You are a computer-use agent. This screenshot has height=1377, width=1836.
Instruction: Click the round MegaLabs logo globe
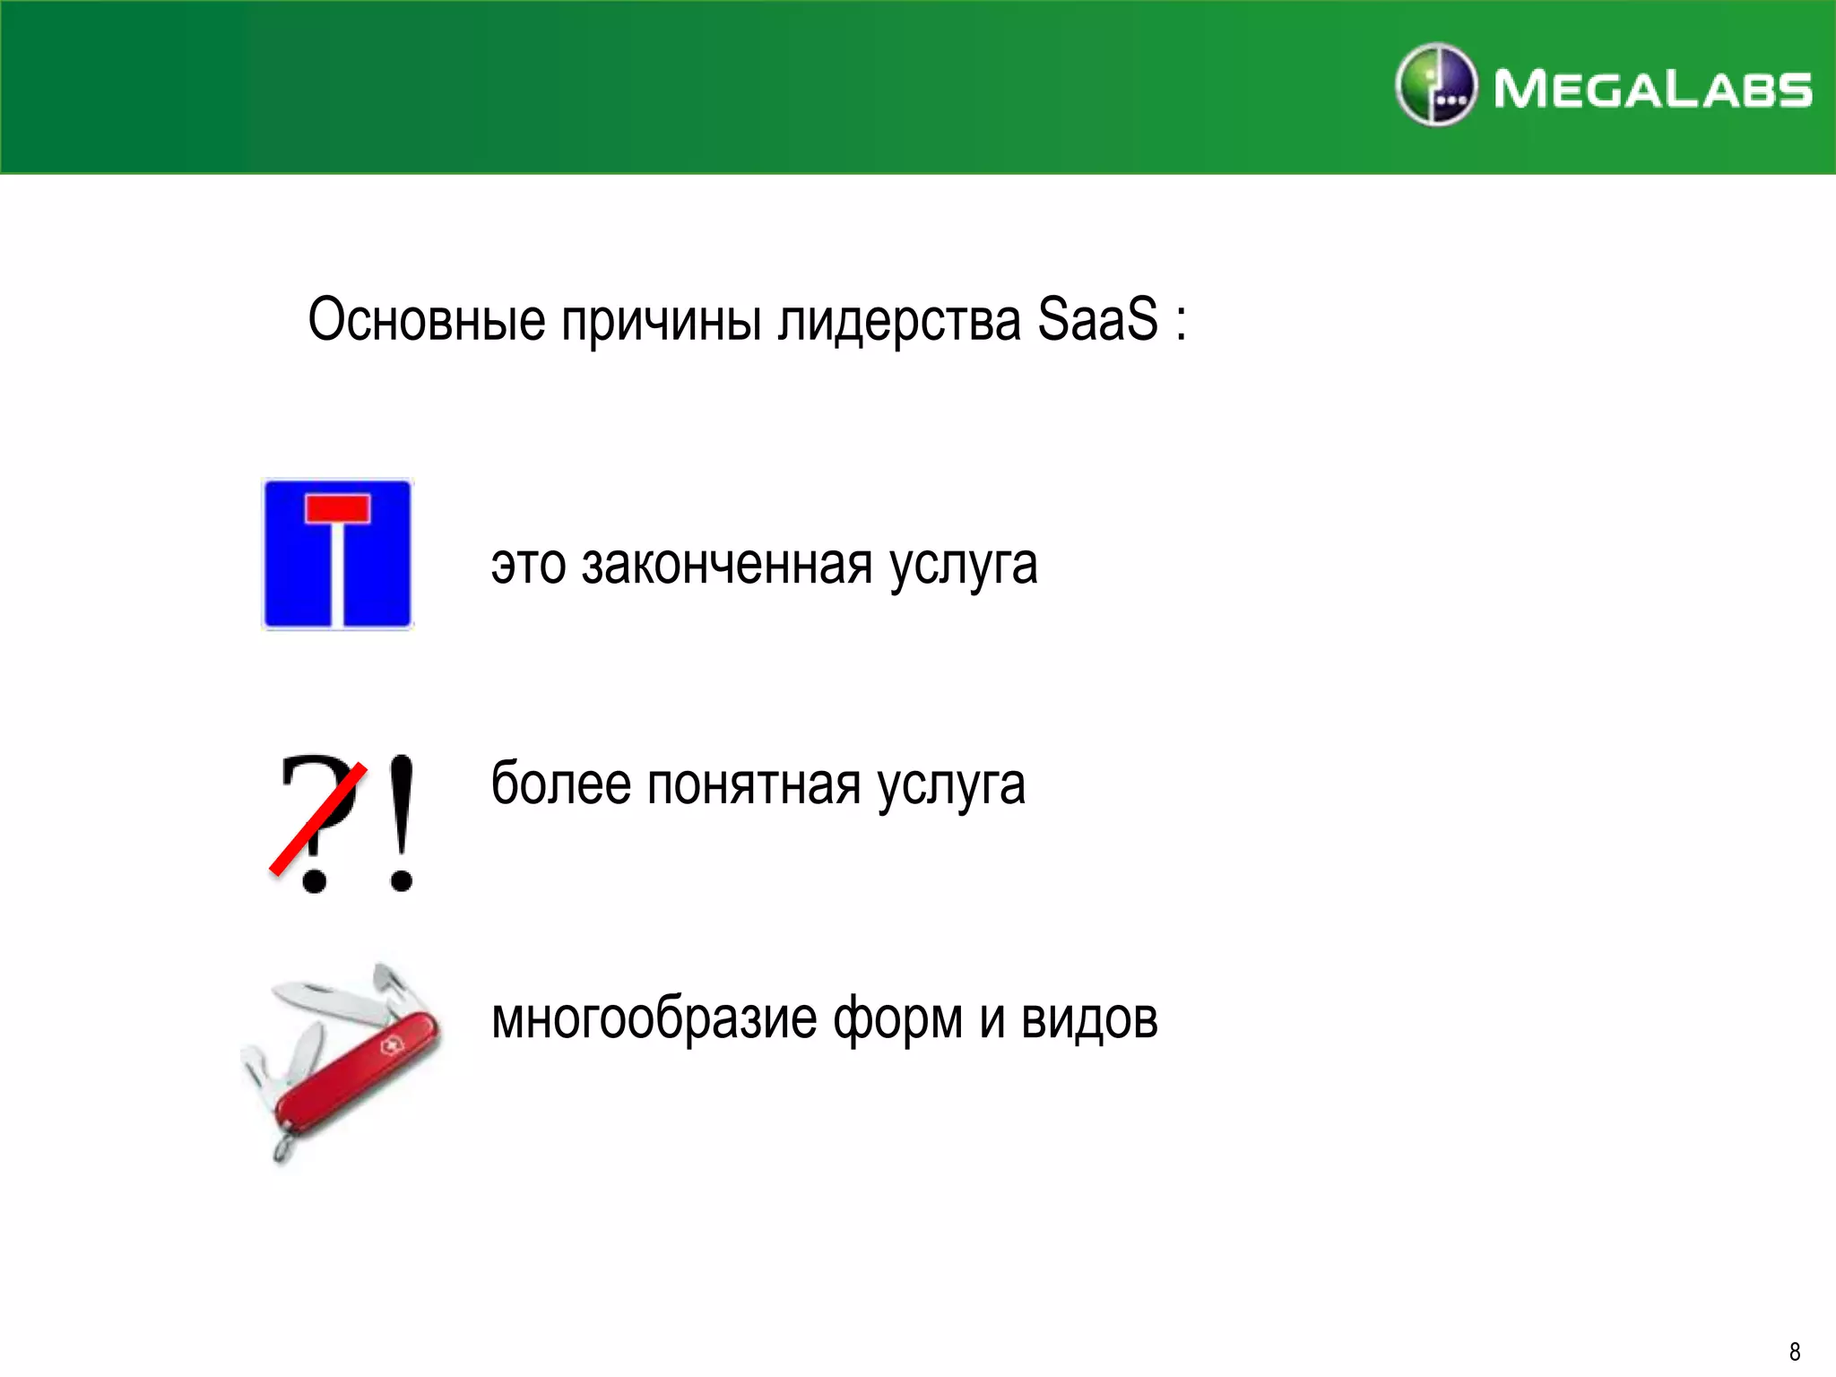pyautogui.click(x=1435, y=85)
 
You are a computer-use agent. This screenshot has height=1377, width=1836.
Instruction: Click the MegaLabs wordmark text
pyautogui.click(x=1652, y=90)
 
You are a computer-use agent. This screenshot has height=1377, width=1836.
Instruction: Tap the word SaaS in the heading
pyautogui.click(x=1097, y=319)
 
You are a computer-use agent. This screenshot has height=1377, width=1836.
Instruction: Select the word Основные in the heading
pyautogui.click(x=427, y=319)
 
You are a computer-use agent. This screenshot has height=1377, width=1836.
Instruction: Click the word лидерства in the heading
pyautogui.click(x=899, y=321)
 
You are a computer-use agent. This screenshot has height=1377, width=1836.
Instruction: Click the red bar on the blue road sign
pyautogui.click(x=337, y=508)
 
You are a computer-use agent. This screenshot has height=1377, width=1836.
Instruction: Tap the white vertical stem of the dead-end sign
pyautogui.click(x=338, y=574)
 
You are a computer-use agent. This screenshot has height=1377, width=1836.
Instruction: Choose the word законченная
pyautogui.click(x=727, y=565)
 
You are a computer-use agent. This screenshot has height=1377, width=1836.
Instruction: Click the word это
pyautogui.click(x=528, y=566)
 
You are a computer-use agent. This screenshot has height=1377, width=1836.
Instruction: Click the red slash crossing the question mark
pyautogui.click(x=318, y=818)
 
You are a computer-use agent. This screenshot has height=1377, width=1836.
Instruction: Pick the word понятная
pyautogui.click(x=754, y=784)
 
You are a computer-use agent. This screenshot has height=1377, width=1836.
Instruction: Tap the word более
pyautogui.click(x=560, y=784)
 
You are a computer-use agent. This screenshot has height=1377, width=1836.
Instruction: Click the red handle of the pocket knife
pyautogui.click(x=359, y=1070)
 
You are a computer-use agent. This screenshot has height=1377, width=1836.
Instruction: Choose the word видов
pyautogui.click(x=1089, y=1019)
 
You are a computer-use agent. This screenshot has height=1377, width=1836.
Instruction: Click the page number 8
pyautogui.click(x=1795, y=1351)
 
